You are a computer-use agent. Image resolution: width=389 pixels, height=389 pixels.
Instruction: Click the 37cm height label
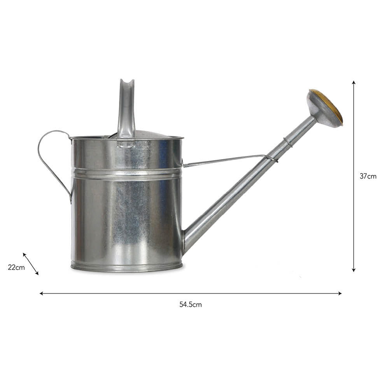[x=368, y=176]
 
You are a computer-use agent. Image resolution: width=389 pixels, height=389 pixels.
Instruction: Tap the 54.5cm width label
[x=191, y=305]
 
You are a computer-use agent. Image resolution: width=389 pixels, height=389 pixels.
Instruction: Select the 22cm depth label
[x=16, y=267]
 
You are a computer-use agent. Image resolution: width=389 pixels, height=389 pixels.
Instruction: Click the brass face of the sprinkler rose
[x=334, y=105]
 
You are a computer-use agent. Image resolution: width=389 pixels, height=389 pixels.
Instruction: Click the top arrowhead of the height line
[x=354, y=83]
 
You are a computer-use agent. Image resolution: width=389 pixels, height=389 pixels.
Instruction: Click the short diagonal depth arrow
[x=31, y=264]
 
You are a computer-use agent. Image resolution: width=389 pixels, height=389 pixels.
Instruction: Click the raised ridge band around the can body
[x=126, y=173]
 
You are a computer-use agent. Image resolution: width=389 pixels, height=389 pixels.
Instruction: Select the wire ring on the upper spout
[x=287, y=142]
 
